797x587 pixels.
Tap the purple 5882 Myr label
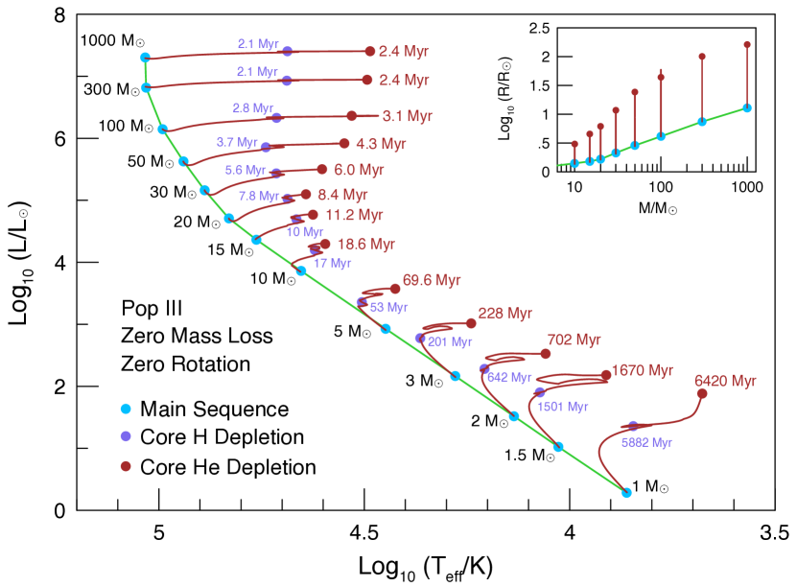tap(646, 442)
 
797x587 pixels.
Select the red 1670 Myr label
tap(642, 370)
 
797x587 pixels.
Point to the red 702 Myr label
tap(574, 340)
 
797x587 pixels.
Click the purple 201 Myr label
tap(450, 341)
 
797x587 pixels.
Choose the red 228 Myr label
tap(504, 314)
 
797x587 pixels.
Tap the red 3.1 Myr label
tap(407, 116)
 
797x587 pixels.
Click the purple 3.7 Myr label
tap(237, 142)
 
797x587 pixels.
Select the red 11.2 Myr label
tap(354, 215)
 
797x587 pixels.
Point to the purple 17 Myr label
tap(333, 263)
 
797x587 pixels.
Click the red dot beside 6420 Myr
tap(702, 393)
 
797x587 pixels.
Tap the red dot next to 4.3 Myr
tap(344, 144)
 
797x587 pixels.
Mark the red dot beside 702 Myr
tap(546, 354)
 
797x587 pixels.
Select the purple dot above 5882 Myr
tap(633, 426)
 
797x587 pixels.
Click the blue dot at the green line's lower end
tap(626, 492)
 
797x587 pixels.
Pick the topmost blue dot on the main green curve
tap(145, 58)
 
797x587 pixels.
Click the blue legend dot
tap(126, 409)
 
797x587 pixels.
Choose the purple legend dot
tap(126, 436)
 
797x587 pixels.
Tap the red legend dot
tap(126, 466)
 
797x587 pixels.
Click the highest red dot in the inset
tap(747, 44)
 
